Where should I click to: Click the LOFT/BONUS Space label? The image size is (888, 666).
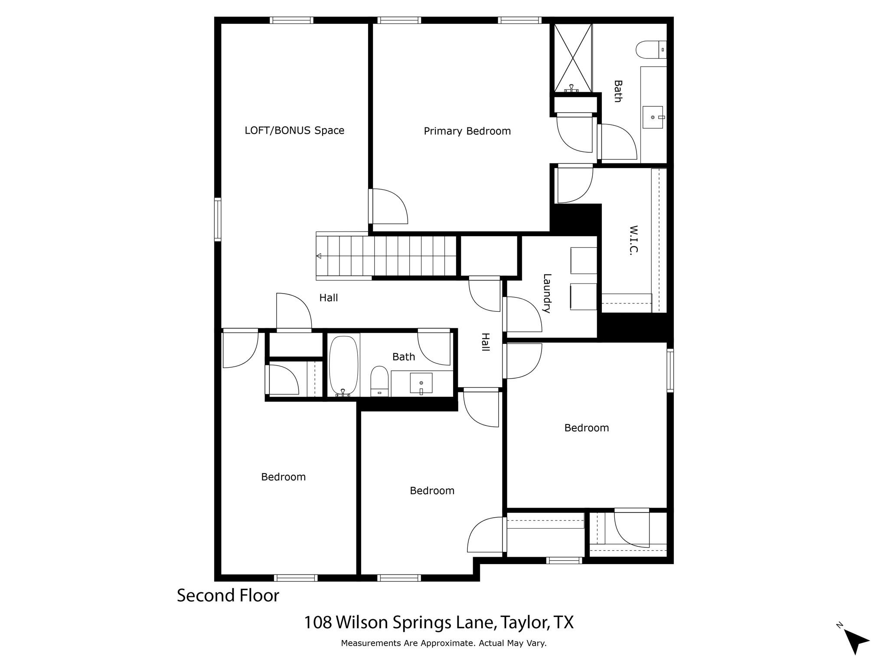[294, 131]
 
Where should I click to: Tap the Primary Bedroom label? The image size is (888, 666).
[467, 131]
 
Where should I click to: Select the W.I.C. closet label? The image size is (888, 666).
[633, 240]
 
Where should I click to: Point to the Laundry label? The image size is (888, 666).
[547, 293]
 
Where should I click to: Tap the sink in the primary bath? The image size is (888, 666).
[653, 117]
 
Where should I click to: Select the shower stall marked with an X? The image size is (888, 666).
[573, 58]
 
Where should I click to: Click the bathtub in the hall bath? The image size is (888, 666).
[344, 366]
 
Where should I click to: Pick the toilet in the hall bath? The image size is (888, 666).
[380, 381]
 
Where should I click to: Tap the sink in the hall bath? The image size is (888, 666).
[421, 383]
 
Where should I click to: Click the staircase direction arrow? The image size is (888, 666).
[319, 256]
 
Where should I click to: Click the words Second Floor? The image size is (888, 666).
[228, 596]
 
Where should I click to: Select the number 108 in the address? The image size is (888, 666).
[318, 623]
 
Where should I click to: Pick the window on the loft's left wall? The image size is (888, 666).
[218, 219]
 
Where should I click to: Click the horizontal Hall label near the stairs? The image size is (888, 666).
[329, 298]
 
